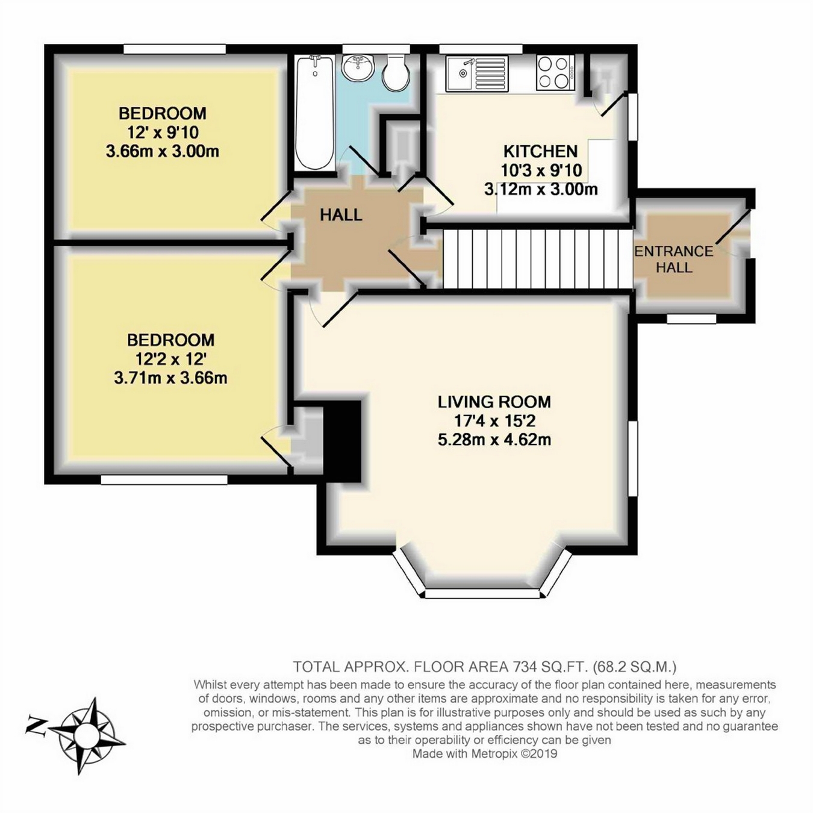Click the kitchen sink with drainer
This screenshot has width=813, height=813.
pos(477,74)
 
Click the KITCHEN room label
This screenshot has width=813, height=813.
pos(541,151)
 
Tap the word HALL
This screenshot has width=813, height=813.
pos(341,215)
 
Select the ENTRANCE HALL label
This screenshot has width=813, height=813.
pos(674,259)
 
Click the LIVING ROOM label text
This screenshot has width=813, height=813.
pos(494,402)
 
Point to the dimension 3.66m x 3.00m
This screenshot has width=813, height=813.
pos(163,152)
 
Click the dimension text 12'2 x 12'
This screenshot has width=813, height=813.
pos(170,359)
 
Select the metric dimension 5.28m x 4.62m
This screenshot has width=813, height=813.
pos(494,440)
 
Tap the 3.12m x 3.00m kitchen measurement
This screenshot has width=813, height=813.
pos(541,190)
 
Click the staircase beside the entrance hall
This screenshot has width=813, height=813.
pos(537,258)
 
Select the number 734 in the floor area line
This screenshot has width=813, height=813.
pos(525,667)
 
